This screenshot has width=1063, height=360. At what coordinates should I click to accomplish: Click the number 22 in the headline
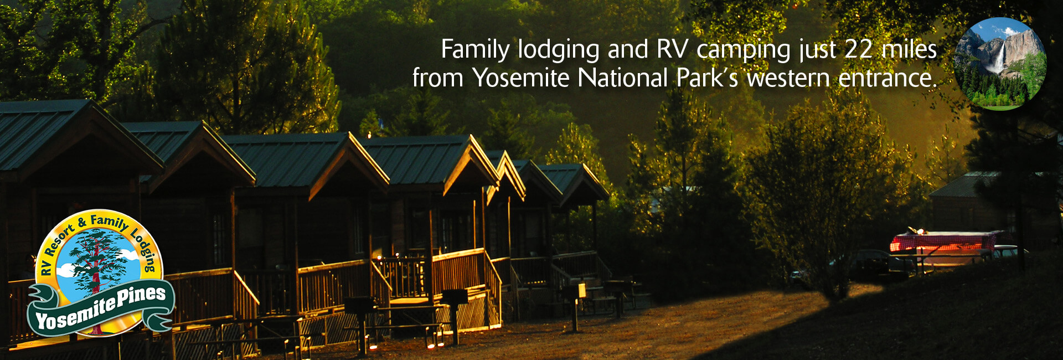click(859, 50)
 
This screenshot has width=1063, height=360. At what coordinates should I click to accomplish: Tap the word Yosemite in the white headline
click(520, 78)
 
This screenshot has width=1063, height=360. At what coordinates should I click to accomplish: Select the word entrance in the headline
click(887, 78)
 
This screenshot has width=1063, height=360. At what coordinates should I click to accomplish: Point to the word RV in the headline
click(672, 50)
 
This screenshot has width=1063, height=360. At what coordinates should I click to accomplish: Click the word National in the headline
click(623, 78)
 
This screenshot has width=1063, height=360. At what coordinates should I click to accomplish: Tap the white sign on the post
click(581, 290)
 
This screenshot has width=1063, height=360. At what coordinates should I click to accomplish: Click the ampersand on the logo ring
click(82, 223)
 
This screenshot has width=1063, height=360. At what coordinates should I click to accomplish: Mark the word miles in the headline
click(909, 50)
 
